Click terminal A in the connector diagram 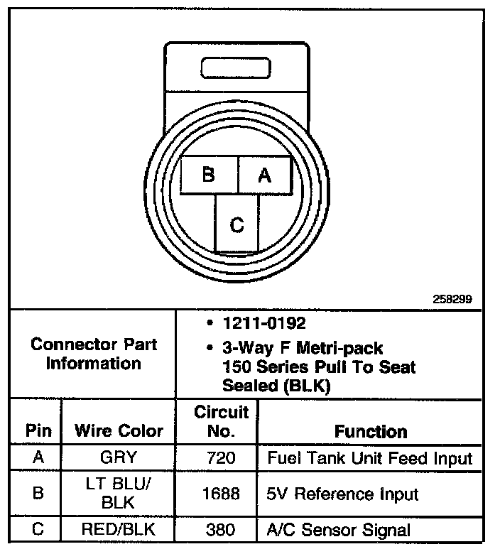click(264, 175)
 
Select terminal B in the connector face click(209, 175)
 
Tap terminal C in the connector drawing click(237, 225)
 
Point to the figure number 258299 click(452, 300)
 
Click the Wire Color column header click(119, 430)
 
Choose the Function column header click(371, 431)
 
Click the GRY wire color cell click(119, 458)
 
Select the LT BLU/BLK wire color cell click(119, 494)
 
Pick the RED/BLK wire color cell click(119, 529)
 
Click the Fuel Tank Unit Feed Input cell click(369, 458)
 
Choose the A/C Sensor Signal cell click(338, 529)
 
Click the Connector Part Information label click(94, 354)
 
